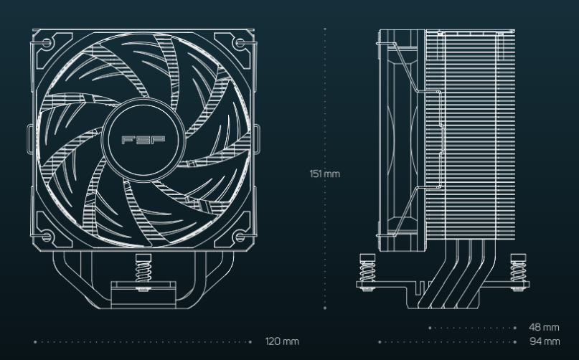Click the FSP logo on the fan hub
(143, 140)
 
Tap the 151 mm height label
(324, 174)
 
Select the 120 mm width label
(282, 341)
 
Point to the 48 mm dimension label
(544, 327)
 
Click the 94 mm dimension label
(545, 341)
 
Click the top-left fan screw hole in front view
(47, 44)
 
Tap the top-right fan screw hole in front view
(240, 44)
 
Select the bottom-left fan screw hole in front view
(47, 237)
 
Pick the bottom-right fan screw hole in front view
(240, 237)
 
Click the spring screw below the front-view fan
(143, 272)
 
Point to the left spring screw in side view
(367, 272)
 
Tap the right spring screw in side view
(518, 272)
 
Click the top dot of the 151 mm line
(325, 29)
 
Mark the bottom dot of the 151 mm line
(325, 308)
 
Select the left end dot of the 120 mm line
(35, 342)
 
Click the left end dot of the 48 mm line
(430, 328)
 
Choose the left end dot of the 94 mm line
(380, 342)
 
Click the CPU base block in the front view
(143, 295)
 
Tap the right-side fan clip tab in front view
(257, 139)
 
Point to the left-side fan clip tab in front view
(30, 139)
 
